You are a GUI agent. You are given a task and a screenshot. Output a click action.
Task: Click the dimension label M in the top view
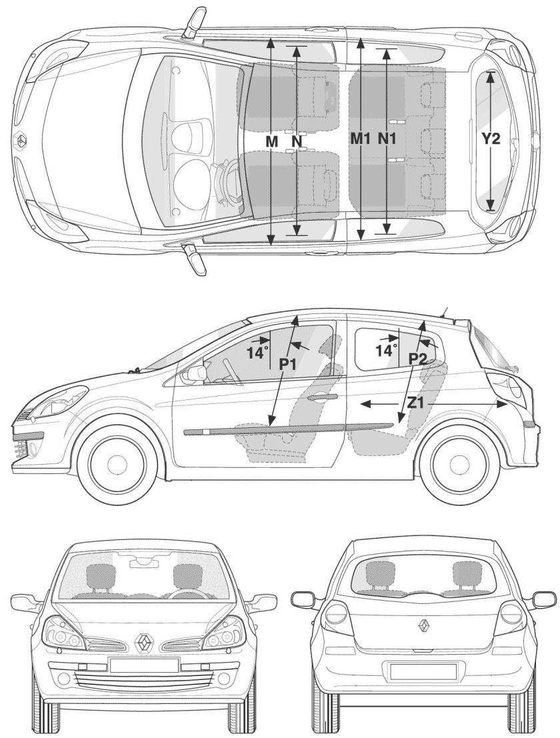click(271, 142)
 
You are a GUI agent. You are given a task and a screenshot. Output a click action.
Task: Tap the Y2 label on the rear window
click(491, 139)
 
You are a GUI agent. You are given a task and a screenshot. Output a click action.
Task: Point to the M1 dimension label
click(361, 139)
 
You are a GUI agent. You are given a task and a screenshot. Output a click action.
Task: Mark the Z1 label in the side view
click(416, 403)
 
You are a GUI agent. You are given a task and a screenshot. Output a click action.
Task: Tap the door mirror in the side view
click(195, 373)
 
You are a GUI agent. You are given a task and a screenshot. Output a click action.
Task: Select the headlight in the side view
click(68, 398)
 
